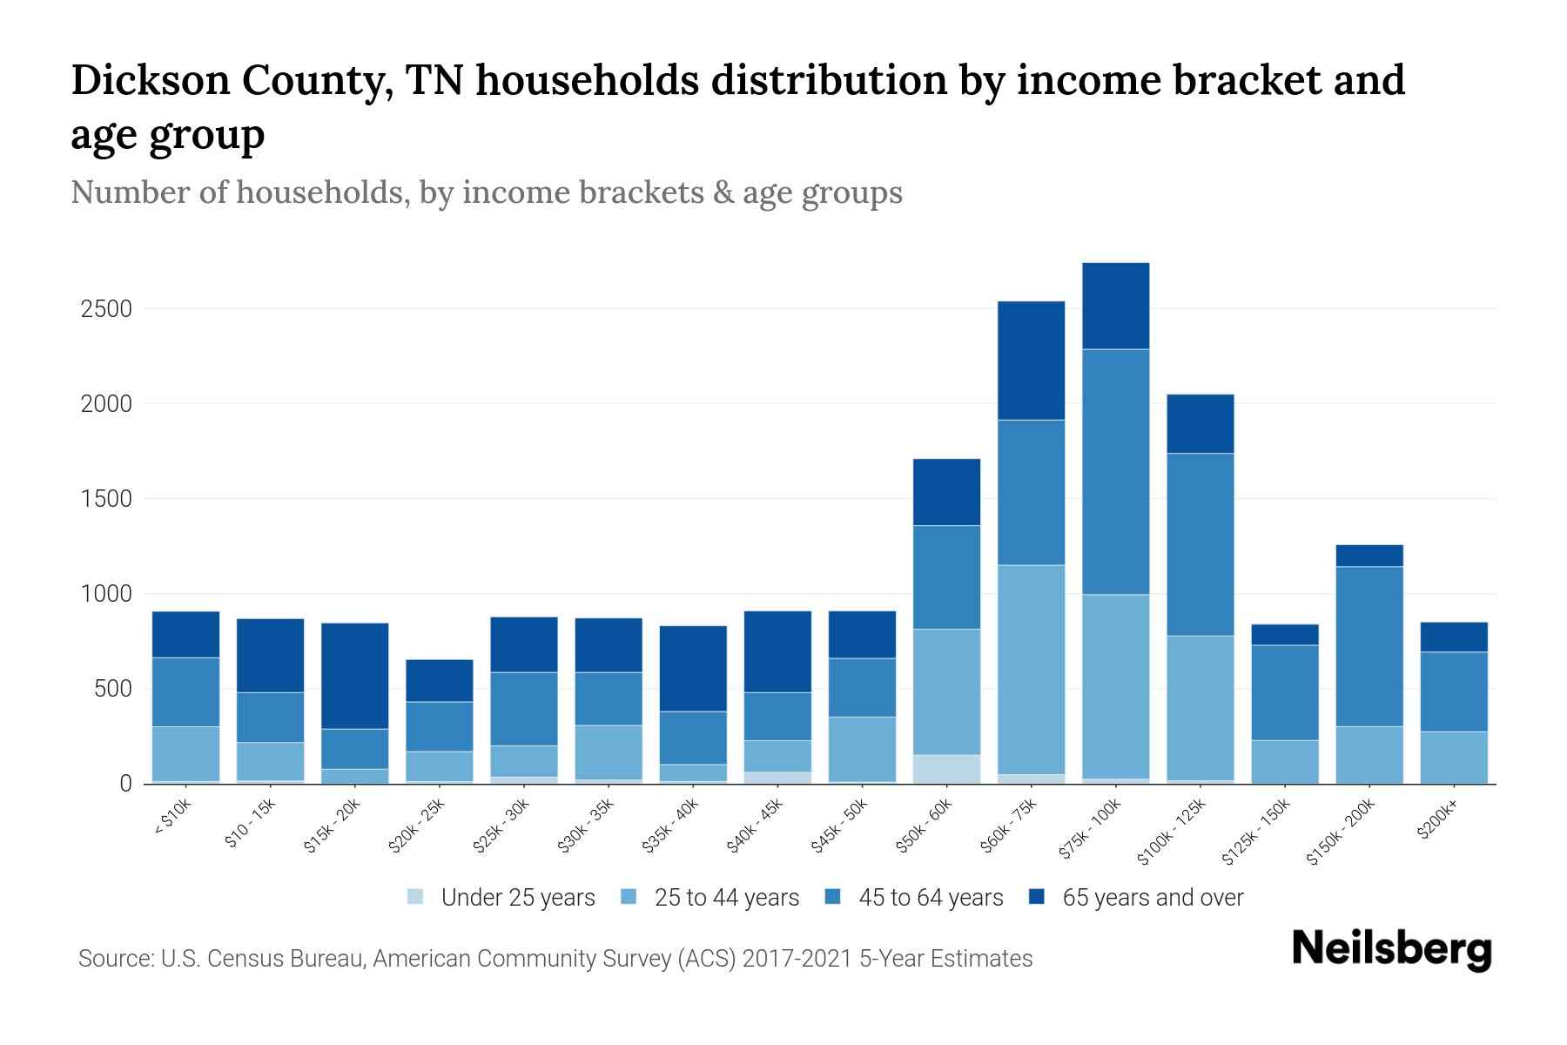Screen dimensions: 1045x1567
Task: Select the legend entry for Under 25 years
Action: (x=501, y=897)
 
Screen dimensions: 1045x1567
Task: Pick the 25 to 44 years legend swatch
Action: (x=629, y=897)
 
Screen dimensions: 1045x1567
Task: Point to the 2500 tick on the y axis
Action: (x=106, y=309)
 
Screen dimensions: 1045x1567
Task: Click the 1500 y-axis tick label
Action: (x=106, y=499)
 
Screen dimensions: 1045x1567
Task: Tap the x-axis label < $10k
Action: (x=172, y=817)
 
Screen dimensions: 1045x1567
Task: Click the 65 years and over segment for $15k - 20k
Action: (x=354, y=675)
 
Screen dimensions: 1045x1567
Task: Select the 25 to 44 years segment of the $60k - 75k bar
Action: (x=1031, y=669)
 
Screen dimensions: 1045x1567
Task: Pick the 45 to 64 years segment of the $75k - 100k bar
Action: (x=1115, y=471)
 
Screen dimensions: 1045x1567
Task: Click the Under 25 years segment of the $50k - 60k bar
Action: (x=946, y=768)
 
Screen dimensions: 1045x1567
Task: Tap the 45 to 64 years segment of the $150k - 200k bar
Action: (x=1369, y=645)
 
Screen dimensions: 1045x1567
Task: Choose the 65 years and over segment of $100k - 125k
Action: (x=1200, y=423)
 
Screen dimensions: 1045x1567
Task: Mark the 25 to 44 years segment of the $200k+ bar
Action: (x=1454, y=757)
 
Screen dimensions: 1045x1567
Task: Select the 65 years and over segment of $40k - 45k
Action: (x=777, y=651)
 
